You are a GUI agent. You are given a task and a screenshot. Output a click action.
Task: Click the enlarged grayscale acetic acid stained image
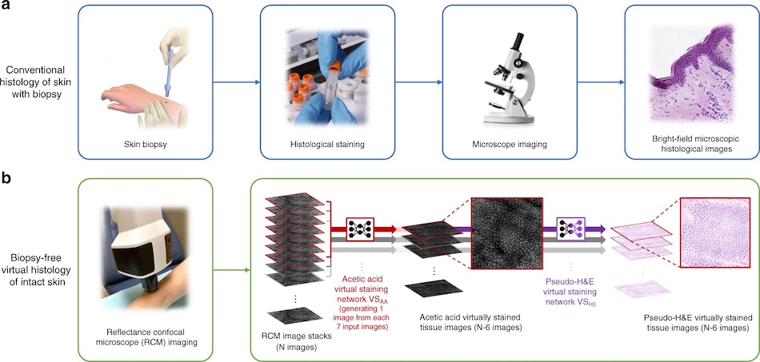click(x=506, y=237)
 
